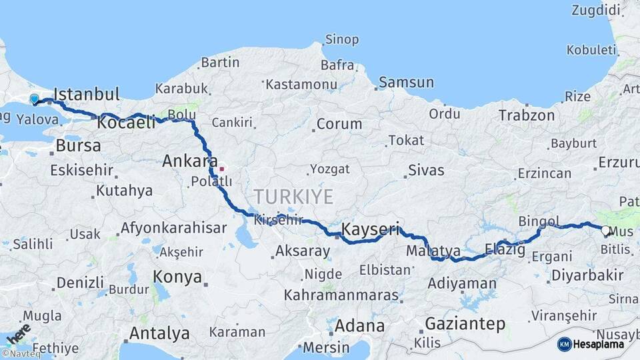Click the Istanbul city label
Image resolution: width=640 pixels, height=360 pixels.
tap(86, 93)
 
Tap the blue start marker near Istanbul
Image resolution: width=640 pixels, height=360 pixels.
tap(35, 99)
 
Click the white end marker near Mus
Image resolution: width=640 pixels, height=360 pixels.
tap(605, 231)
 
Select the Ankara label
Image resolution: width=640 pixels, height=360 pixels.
tap(190, 161)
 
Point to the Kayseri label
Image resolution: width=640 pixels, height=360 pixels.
tap(370, 230)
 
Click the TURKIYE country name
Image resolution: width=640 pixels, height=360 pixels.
tap(293, 196)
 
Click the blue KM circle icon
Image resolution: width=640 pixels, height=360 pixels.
tap(565, 344)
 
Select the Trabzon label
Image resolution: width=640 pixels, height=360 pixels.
tap(527, 115)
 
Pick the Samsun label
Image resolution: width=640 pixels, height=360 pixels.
tap(406, 83)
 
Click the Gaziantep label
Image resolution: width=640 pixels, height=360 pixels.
tap(465, 324)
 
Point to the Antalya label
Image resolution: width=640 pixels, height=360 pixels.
tap(159, 333)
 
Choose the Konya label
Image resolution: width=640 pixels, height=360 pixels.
tap(177, 276)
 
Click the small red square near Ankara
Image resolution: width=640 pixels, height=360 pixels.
tap(221, 169)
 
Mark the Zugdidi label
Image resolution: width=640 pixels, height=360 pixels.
tap(595, 10)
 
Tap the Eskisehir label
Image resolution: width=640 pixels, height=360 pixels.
tap(81, 170)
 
